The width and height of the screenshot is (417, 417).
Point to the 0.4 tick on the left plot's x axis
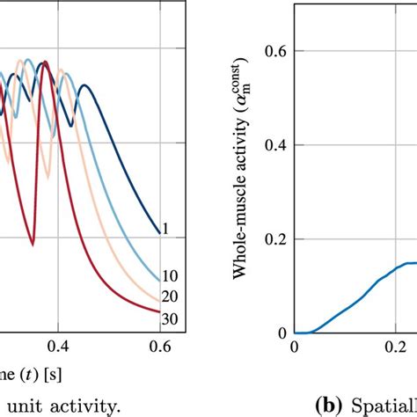[x=59, y=347]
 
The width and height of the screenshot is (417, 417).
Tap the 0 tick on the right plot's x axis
[x=296, y=347]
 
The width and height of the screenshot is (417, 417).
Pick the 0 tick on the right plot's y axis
[x=283, y=333]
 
